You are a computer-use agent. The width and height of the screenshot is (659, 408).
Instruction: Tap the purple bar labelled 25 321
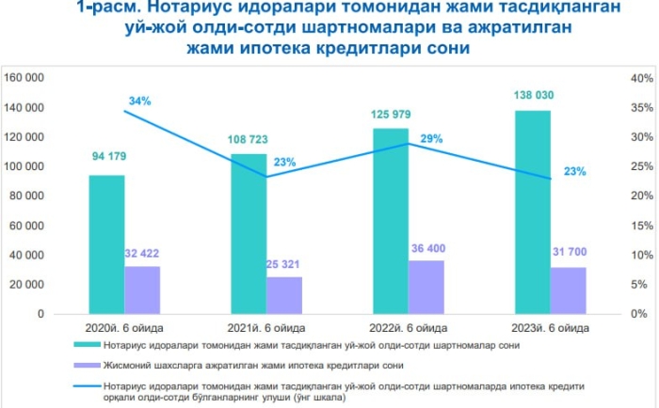coord(284,295)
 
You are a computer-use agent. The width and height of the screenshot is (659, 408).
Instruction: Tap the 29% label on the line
coord(432,139)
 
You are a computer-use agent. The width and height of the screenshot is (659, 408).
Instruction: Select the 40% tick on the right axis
coord(640,78)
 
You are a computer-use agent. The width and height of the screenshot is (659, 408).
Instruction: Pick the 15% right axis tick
coord(640,226)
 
